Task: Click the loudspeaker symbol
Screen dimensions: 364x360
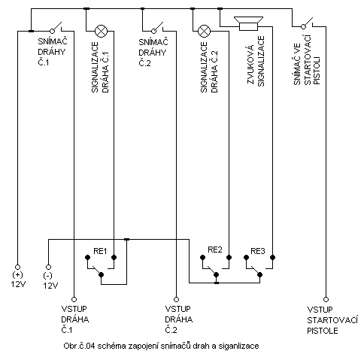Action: coord(248,23)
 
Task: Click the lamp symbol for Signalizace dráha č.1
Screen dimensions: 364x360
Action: coord(101,32)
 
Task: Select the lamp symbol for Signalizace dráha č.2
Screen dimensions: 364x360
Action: coord(205,31)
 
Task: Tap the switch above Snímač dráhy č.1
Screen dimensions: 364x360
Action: coord(57,28)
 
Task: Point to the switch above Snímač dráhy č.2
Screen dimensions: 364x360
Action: coord(158,28)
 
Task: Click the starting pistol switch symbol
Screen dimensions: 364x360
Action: coord(308,23)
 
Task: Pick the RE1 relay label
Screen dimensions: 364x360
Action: coord(100,251)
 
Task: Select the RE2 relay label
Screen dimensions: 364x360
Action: coord(215,250)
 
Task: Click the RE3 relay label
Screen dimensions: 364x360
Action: coord(258,251)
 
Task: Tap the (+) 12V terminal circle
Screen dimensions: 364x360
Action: coord(17,268)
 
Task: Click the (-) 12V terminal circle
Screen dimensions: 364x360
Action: coord(48,268)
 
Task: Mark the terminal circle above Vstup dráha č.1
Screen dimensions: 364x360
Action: coord(74,299)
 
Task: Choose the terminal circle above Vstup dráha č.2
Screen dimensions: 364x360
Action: coord(176,299)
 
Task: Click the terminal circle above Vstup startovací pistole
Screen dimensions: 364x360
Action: coord(326,299)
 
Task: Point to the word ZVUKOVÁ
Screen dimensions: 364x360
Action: coord(250,65)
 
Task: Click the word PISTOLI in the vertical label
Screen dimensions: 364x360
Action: coord(317,71)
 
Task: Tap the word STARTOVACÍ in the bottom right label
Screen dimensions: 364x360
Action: coord(332,320)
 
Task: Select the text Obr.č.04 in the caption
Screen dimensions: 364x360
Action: coord(79,346)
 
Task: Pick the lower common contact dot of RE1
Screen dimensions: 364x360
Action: coord(101,275)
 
